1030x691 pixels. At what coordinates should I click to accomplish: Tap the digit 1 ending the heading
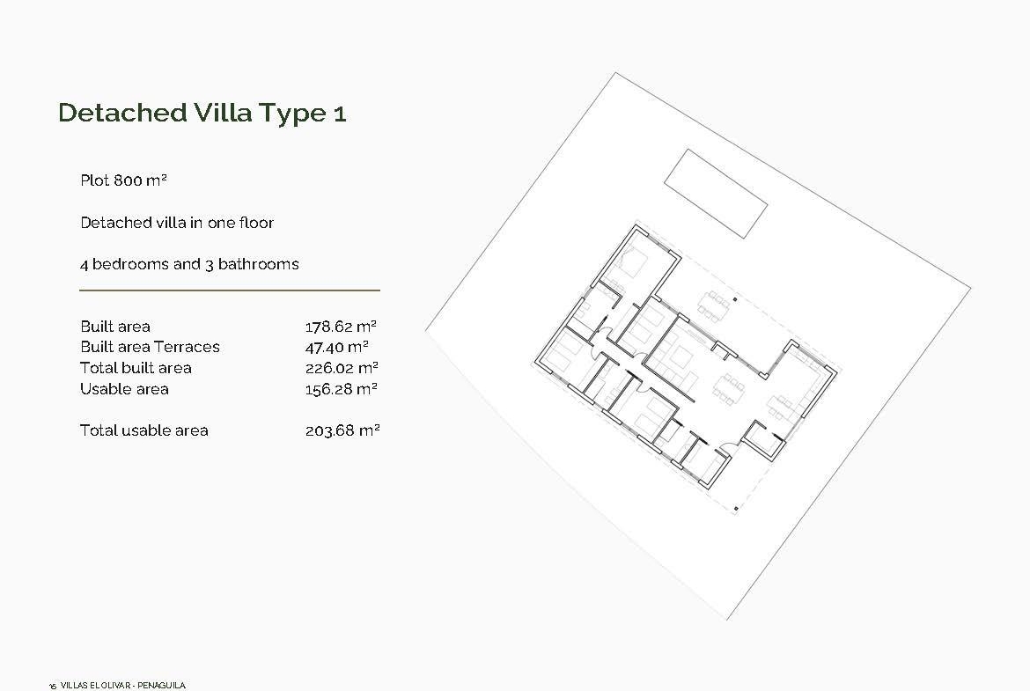[x=339, y=114]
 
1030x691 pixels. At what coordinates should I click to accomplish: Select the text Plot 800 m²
[x=123, y=180]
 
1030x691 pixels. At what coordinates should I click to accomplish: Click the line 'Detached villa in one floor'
[x=177, y=223]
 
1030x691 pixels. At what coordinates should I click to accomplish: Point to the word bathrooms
[x=258, y=264]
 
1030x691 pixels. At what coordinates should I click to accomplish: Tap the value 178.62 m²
[x=341, y=326]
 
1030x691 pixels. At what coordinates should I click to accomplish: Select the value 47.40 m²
[x=337, y=347]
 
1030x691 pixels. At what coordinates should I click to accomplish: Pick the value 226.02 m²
[x=342, y=368]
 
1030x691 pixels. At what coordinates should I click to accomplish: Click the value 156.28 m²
[x=341, y=389]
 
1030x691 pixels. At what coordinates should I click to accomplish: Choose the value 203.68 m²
[x=342, y=431]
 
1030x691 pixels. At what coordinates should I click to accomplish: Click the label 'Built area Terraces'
[x=150, y=347]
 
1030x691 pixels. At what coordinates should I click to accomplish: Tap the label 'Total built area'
[x=136, y=368]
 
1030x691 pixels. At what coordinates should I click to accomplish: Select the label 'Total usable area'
[x=143, y=431]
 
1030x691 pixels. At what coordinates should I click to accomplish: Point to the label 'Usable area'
[x=124, y=389]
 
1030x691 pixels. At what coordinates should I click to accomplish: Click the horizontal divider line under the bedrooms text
[x=230, y=290]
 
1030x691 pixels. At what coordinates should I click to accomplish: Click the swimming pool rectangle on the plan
[x=716, y=193]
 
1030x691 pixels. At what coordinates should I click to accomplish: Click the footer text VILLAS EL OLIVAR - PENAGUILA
[x=123, y=686]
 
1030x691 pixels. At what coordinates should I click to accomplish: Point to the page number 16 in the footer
[x=53, y=687]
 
